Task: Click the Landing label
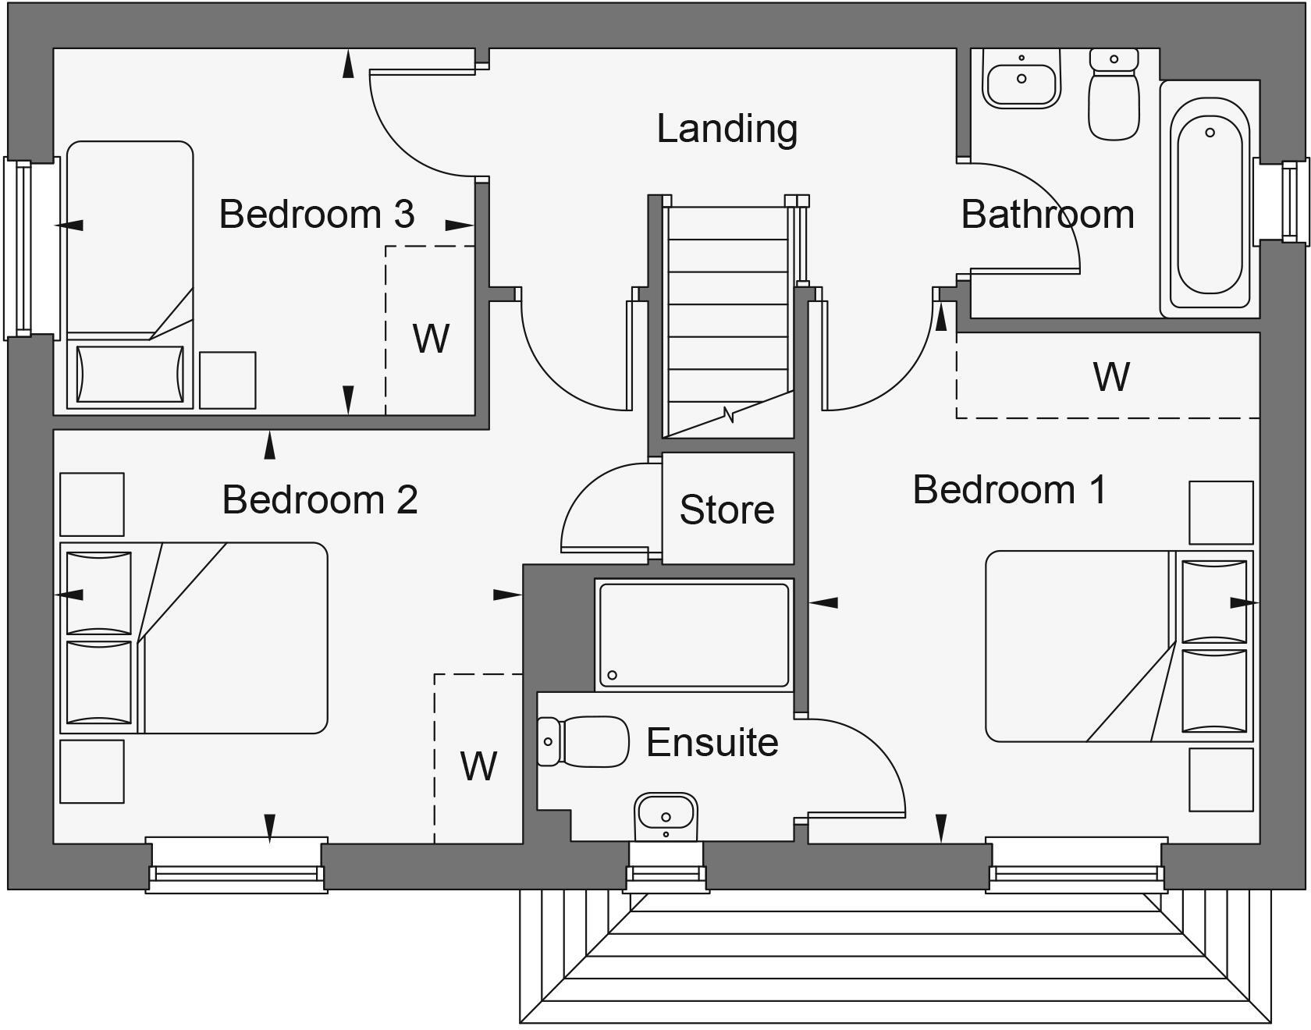[x=727, y=129]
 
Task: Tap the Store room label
[x=727, y=510]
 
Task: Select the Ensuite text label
[x=712, y=742]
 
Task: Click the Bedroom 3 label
[x=316, y=214]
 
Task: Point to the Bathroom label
[x=1047, y=215]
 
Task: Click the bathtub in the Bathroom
[x=1209, y=207]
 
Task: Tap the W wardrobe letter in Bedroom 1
[x=1110, y=377]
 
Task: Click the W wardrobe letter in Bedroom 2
[x=478, y=766]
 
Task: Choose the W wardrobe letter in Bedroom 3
[x=431, y=339]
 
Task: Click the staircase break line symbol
[x=730, y=414]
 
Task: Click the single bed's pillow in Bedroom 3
[x=130, y=374]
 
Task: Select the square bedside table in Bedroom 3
[x=227, y=380]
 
